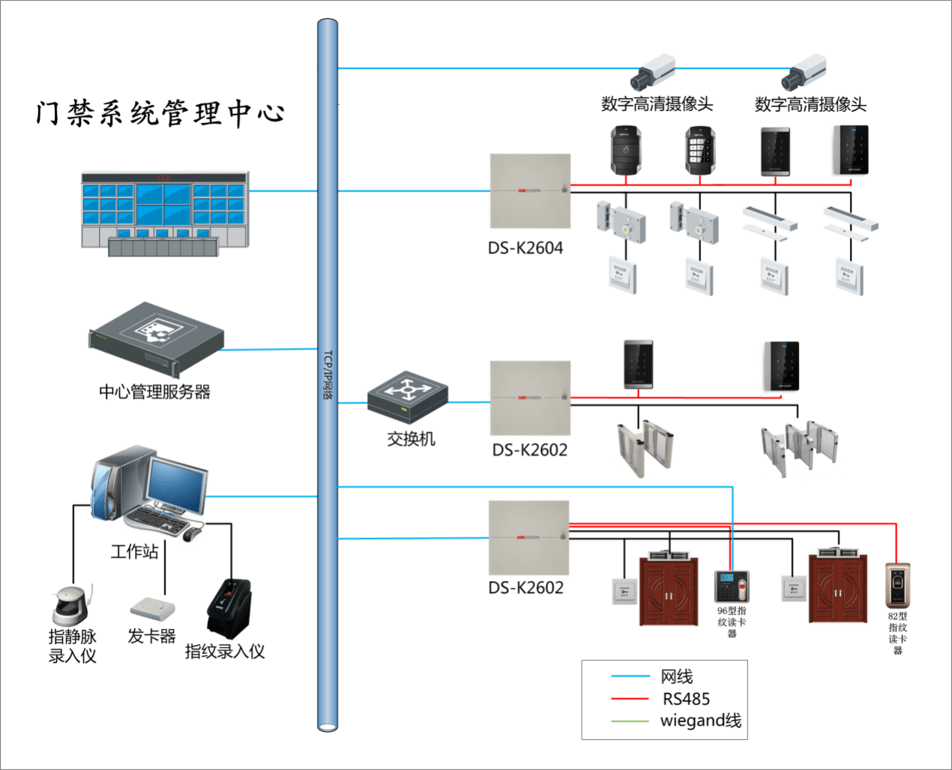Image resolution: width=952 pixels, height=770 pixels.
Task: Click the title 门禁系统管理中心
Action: tap(160, 113)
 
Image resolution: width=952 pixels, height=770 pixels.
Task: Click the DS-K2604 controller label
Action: tap(525, 248)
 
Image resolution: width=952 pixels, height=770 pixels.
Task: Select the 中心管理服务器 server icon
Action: tap(156, 339)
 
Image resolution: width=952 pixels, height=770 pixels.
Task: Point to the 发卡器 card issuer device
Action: tap(152, 607)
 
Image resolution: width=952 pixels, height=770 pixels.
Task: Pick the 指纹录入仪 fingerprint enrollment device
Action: tap(229, 608)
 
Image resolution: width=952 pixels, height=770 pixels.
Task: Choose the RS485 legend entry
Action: tap(686, 699)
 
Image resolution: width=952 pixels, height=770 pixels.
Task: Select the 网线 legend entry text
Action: tap(676, 676)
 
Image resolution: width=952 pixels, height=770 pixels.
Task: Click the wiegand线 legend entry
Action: tap(700, 721)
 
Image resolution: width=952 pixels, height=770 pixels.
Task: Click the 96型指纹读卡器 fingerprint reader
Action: tap(731, 586)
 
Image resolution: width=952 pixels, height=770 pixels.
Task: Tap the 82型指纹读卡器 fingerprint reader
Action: tap(897, 586)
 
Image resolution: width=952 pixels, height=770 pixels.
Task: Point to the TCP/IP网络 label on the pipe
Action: tap(328, 375)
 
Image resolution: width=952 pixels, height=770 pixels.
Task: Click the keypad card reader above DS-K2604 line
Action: tap(699, 151)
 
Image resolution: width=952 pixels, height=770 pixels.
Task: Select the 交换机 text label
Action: tap(411, 439)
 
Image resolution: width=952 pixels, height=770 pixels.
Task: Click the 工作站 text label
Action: tap(134, 552)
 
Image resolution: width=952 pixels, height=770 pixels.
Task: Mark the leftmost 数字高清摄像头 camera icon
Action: tap(651, 72)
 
